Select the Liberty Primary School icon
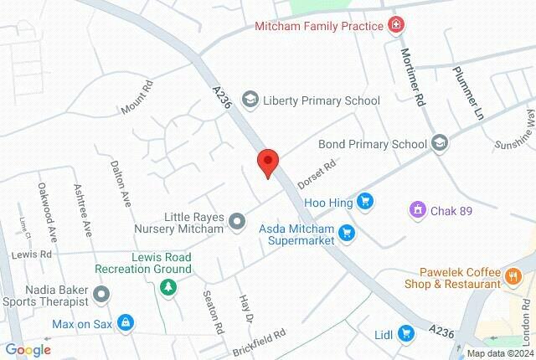[250, 100]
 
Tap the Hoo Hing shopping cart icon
[364, 202]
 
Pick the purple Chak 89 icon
[415, 210]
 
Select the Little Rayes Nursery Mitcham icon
[237, 221]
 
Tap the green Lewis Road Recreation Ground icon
[168, 286]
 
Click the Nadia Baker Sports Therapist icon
[102, 294]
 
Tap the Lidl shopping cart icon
[405, 333]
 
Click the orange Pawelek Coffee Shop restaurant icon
[511, 275]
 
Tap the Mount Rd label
[137, 97]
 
